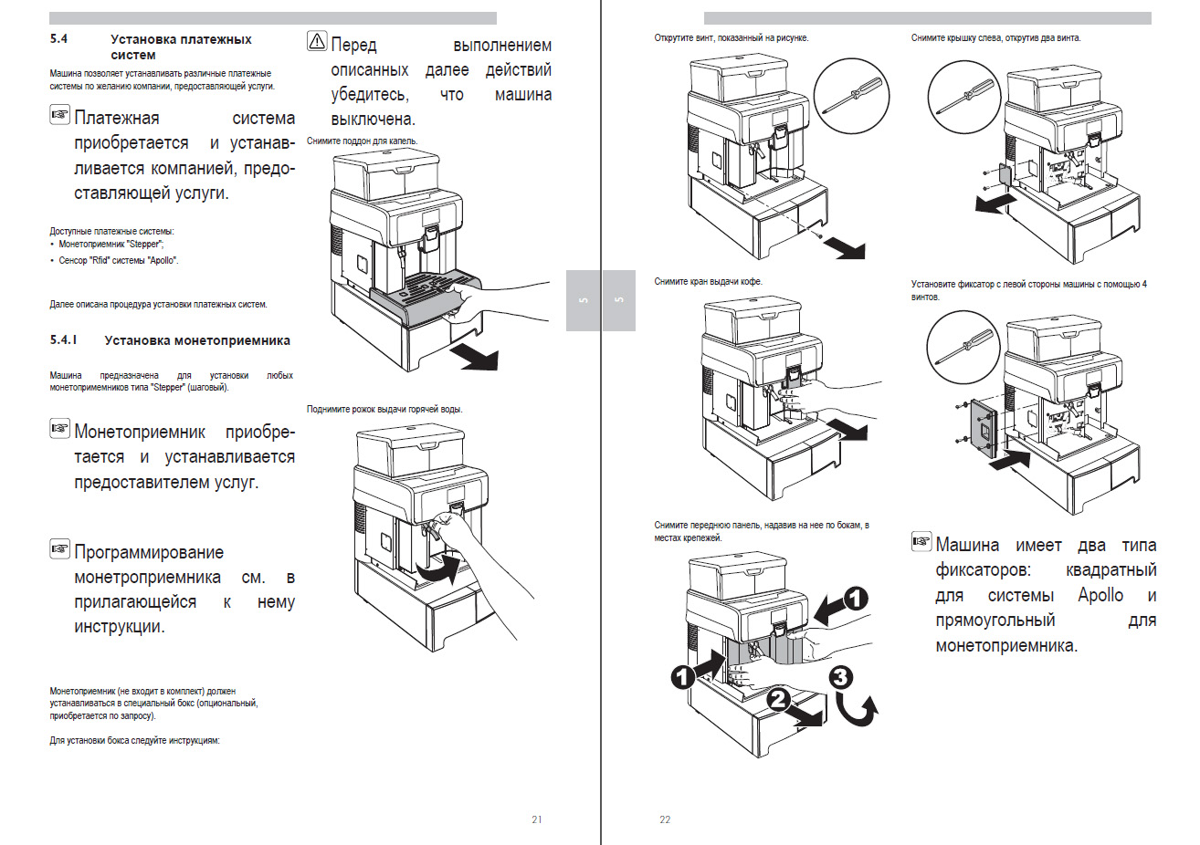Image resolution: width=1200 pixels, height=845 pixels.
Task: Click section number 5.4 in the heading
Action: pos(58,39)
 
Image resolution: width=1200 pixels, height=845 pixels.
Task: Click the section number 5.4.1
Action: pos(63,340)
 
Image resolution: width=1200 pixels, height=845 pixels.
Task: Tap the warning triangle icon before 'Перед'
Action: pos(317,40)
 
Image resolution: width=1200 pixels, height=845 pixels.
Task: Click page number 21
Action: pos(536,819)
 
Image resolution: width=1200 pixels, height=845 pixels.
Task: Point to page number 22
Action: pos(665,819)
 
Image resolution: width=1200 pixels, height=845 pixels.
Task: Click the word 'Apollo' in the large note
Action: pos(1100,595)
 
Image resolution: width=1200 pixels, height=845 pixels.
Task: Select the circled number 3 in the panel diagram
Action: pos(841,677)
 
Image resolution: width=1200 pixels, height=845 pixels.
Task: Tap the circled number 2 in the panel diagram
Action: pos(777,699)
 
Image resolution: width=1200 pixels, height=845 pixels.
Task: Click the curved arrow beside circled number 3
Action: pos(858,710)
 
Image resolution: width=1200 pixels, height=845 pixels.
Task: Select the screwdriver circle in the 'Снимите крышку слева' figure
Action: pos(964,97)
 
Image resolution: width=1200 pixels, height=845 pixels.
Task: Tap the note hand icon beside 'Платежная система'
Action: pos(59,115)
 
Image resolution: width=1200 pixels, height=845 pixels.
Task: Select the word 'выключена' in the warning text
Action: pos(373,120)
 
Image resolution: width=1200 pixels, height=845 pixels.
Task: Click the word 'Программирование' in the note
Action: pos(149,552)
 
